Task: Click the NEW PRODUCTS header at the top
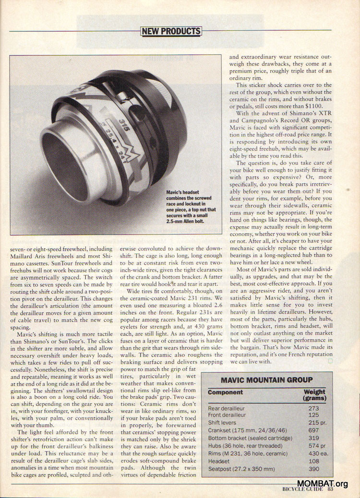pos(171,31)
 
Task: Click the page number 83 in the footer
pos(331,490)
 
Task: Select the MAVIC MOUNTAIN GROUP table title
pos(266,380)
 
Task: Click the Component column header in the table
pos(225,392)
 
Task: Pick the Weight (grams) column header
pos(314,395)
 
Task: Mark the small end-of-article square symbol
pos(330,360)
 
